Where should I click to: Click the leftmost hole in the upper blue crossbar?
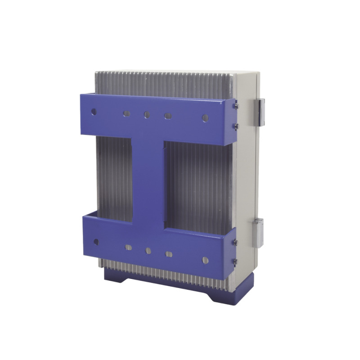point(94,111)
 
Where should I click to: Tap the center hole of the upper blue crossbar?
point(147,115)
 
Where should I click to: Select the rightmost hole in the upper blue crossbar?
point(205,118)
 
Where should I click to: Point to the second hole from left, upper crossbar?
point(126,113)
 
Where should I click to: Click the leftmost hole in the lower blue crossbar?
point(96,242)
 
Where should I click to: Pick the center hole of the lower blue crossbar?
point(148,251)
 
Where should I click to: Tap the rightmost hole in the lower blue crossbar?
point(205,260)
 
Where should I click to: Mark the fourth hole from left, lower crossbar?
point(169,254)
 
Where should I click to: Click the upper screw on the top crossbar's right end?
point(236,106)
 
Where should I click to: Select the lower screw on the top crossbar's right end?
point(235,126)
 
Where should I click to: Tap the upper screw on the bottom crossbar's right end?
point(235,242)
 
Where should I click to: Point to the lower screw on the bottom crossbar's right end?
point(235,261)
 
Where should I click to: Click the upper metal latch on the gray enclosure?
point(259,112)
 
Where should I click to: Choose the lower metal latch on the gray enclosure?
point(258,232)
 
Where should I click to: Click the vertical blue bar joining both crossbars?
point(148,180)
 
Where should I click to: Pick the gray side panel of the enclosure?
point(247,180)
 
